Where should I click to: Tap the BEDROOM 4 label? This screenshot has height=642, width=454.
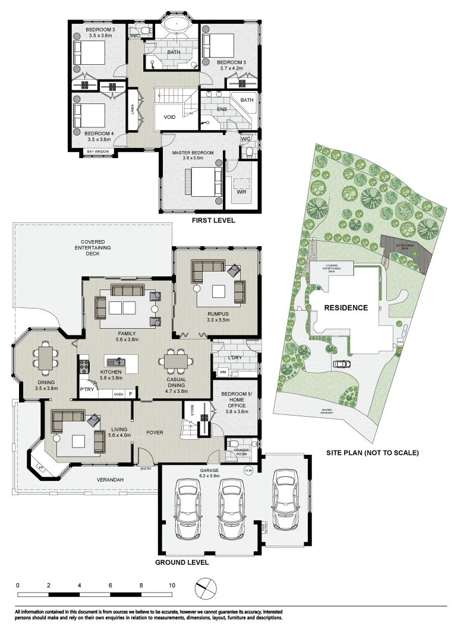tap(99, 134)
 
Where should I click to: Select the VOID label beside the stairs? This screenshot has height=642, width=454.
tap(170, 117)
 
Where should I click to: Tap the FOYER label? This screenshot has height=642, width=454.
tap(155, 432)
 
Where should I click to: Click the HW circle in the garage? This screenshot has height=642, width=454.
tap(248, 470)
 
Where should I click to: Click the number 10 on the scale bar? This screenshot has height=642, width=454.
tap(172, 586)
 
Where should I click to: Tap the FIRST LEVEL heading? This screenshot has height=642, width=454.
tap(213, 221)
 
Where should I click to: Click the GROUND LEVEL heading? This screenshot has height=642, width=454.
tap(182, 562)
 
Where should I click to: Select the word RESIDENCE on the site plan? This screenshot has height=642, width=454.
tap(346, 308)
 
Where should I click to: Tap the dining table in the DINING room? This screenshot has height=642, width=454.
tap(45, 357)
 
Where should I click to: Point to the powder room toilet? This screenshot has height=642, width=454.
tap(234, 443)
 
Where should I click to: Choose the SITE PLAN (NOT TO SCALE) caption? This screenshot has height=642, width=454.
tap(373, 453)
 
